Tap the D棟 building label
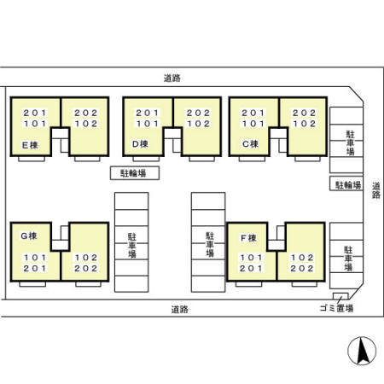click(141, 144)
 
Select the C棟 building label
click(249, 144)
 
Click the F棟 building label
click(248, 236)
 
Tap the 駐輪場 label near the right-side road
click(346, 184)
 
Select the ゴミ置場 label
click(338, 309)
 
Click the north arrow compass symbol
click(360, 351)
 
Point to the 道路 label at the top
click(172, 79)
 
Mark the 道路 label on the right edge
click(376, 189)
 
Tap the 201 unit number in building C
click(252, 113)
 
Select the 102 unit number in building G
click(86, 257)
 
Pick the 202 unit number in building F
click(305, 268)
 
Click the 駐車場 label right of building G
click(133, 243)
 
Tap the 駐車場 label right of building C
click(350, 143)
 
